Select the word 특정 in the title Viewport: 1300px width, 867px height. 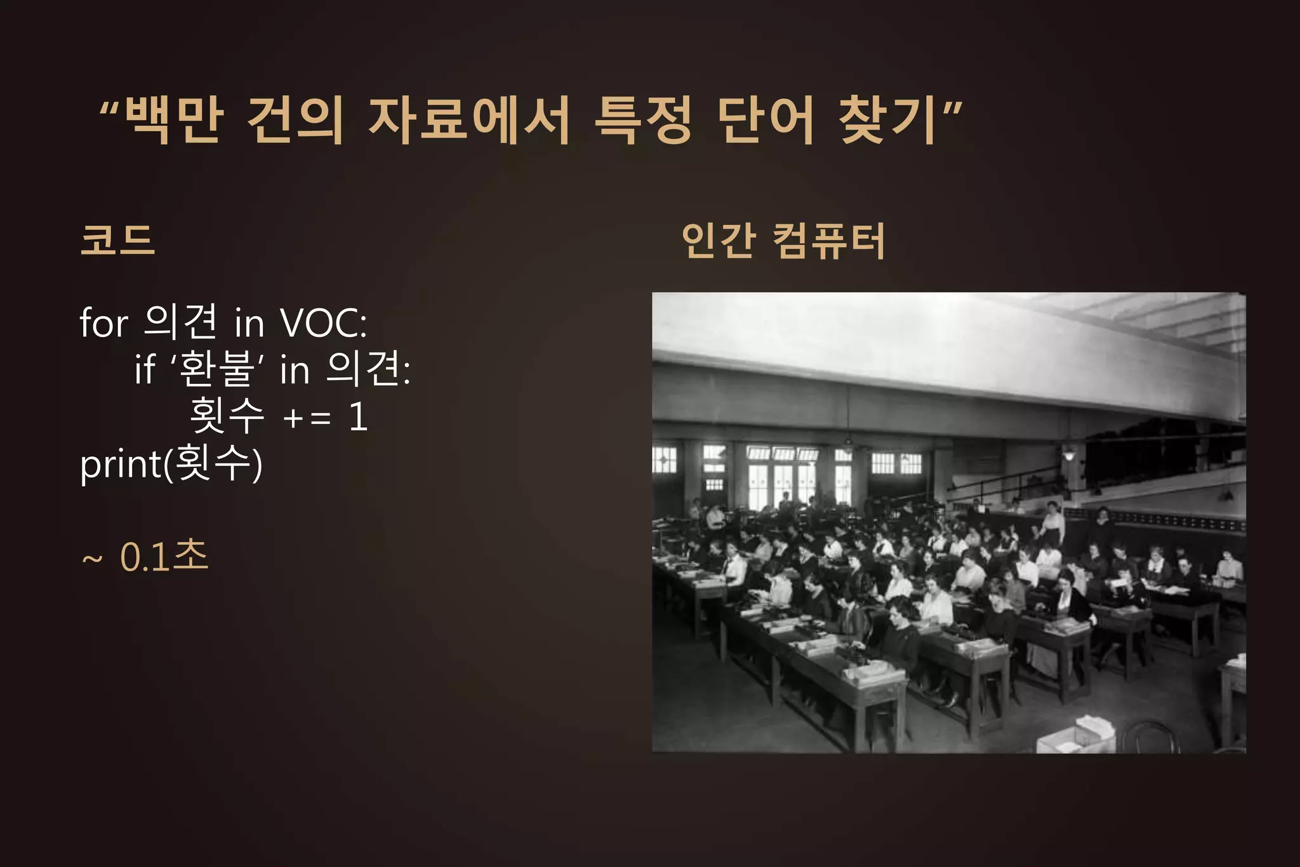tap(642, 120)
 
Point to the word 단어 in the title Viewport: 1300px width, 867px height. tap(766, 120)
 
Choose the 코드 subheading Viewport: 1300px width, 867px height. tap(118, 241)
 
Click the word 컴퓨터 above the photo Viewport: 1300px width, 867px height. tap(829, 241)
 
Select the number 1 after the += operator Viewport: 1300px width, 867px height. tap(359, 417)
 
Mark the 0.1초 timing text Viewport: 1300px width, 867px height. tap(164, 557)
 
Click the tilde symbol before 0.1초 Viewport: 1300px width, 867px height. tap(92, 559)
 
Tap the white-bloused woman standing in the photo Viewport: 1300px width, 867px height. tap(1052, 524)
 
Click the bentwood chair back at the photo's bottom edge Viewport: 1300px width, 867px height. tap(1150, 736)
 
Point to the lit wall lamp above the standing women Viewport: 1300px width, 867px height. tap(1069, 453)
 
